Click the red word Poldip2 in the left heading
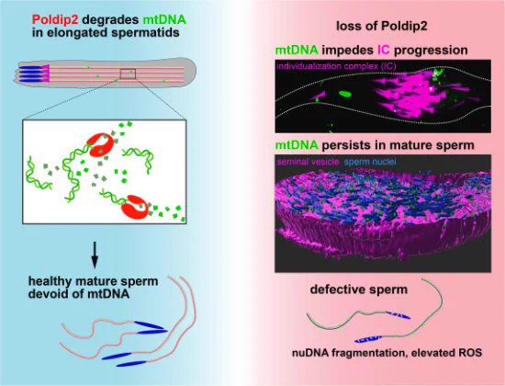[55, 20]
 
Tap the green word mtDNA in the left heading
[164, 20]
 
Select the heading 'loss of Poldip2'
[382, 26]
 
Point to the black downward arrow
[95, 255]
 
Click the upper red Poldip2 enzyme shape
[100, 145]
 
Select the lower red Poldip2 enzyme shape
[135, 207]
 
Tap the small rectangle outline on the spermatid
[128, 74]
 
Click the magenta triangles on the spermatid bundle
[45, 73]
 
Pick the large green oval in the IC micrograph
[345, 94]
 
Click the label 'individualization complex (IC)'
[336, 66]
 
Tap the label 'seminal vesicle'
[308, 162]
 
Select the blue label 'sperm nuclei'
[370, 162]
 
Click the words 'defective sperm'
[359, 289]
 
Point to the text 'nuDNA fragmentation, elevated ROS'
[387, 353]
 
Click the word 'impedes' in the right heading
[347, 50]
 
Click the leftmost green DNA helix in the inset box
[38, 174]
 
